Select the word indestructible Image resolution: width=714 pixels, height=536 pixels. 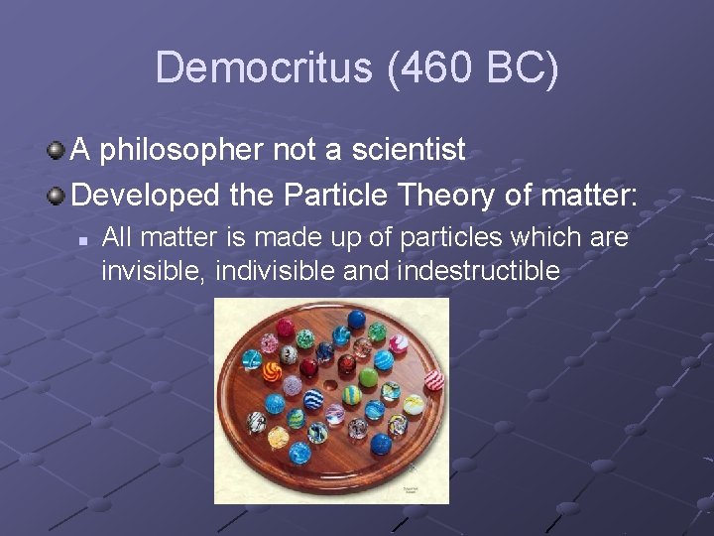(478, 270)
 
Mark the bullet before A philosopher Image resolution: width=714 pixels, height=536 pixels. (59, 151)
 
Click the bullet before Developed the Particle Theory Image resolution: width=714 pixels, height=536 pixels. (59, 195)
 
